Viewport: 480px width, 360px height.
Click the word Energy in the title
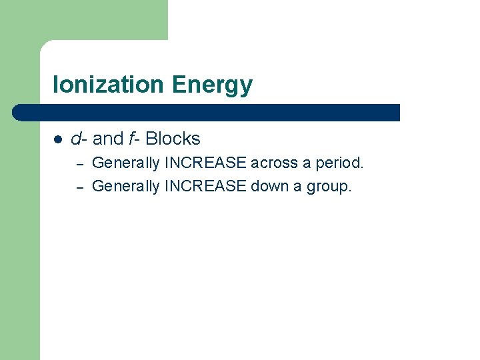pos(212,85)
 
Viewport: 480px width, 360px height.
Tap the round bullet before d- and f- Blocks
pos(57,139)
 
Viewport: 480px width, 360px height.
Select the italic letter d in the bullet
pos(76,139)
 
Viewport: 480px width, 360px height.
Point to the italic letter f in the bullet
pos(133,139)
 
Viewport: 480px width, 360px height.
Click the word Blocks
pos(173,139)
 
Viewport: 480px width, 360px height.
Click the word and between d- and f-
pos(107,139)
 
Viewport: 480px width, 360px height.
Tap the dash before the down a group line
pos(78,187)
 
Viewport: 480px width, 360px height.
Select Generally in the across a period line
pos(125,163)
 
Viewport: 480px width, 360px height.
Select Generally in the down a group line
pos(125,186)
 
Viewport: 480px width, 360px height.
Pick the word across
pos(274,163)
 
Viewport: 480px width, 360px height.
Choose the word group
pos(328,187)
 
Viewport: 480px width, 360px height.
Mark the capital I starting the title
pos(56,85)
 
